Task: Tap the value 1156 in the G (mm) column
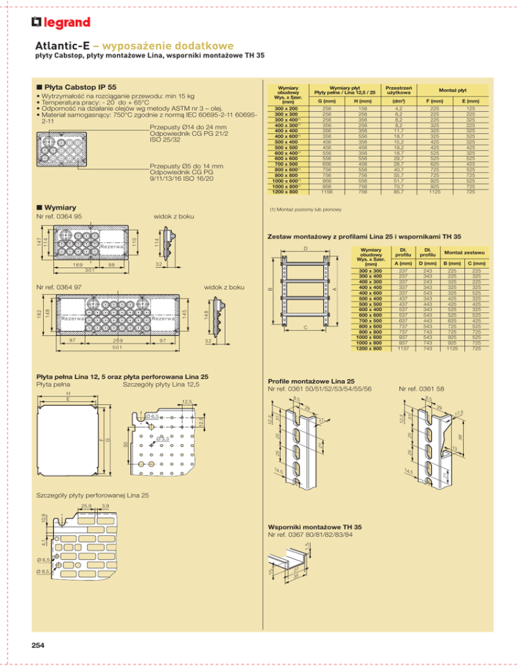328,191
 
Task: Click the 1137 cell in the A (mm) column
384,349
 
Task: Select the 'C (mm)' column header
477,263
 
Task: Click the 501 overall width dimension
117,348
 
